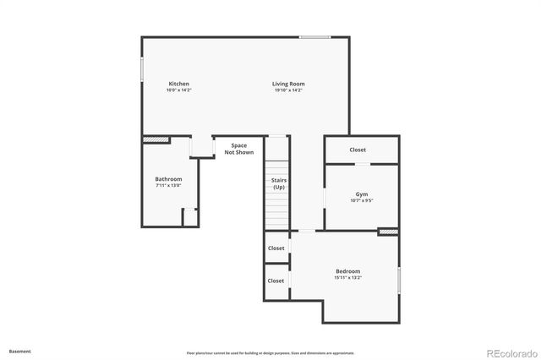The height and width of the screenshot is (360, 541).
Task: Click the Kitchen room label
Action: point(178,84)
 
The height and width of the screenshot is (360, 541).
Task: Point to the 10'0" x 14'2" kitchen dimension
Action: point(178,90)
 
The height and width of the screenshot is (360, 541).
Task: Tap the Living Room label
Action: point(288,84)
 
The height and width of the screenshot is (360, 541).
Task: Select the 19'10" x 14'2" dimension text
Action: point(288,90)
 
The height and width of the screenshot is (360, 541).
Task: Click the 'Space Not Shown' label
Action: point(239,149)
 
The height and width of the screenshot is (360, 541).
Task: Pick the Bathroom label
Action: point(168,178)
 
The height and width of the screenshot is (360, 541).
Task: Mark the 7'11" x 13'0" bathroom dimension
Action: point(168,185)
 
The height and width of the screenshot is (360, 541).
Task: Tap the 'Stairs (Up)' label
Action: point(278,183)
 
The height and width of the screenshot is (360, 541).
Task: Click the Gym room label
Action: point(362,194)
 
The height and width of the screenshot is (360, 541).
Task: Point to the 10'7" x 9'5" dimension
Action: point(362,200)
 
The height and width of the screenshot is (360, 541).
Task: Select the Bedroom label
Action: point(347,270)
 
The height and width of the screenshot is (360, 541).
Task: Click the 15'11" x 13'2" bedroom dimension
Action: point(347,277)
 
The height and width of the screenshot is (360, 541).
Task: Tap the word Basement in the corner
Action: point(20,350)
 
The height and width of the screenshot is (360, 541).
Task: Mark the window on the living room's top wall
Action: point(314,36)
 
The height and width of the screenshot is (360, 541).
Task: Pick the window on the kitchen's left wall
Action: point(141,68)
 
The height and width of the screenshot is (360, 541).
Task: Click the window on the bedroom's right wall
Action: point(399,278)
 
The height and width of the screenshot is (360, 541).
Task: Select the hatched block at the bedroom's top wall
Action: point(388,232)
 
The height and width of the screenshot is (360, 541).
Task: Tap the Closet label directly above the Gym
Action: point(358,150)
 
